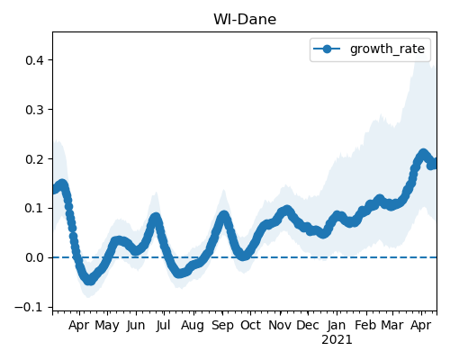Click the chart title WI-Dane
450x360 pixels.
tap(245, 20)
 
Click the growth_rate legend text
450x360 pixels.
tap(387, 49)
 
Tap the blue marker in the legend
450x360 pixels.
tap(327, 49)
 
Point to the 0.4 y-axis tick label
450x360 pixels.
tap(34, 60)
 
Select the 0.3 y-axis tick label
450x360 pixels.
tap(34, 110)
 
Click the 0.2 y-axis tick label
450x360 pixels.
tap(34, 159)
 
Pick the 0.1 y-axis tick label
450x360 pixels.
tap(34, 208)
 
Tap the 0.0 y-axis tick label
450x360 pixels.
tap(34, 257)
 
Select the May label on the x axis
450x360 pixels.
tap(107, 326)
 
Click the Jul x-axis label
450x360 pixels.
tap(163, 325)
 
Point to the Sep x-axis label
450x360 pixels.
tap(222, 326)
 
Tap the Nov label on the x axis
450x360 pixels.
tap(280, 325)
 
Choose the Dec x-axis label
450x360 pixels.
tap(308, 325)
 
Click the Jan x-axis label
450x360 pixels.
tap(337, 325)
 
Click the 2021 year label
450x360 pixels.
tap(337, 340)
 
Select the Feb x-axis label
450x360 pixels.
tap(365, 325)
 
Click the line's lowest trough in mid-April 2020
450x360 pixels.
tap(89, 280)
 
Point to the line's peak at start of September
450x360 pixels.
tap(223, 216)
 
